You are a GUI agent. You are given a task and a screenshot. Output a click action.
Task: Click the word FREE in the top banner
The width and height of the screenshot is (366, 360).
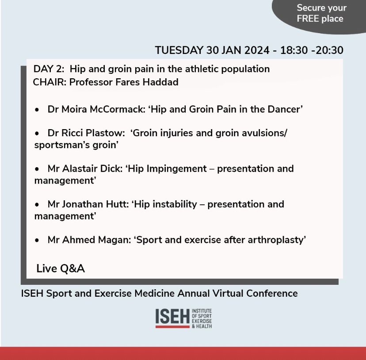pyautogui.click(x=307, y=19)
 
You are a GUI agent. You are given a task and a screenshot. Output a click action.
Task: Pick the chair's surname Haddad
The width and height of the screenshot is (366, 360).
pyautogui.click(x=162, y=82)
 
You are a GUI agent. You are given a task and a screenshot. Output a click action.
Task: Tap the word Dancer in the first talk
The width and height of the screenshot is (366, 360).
pyautogui.click(x=283, y=109)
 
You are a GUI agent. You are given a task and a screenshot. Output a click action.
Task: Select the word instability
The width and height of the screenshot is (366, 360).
pyautogui.click(x=179, y=205)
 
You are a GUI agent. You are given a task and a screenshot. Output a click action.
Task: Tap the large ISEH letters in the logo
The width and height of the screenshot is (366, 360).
pyautogui.click(x=173, y=316)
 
